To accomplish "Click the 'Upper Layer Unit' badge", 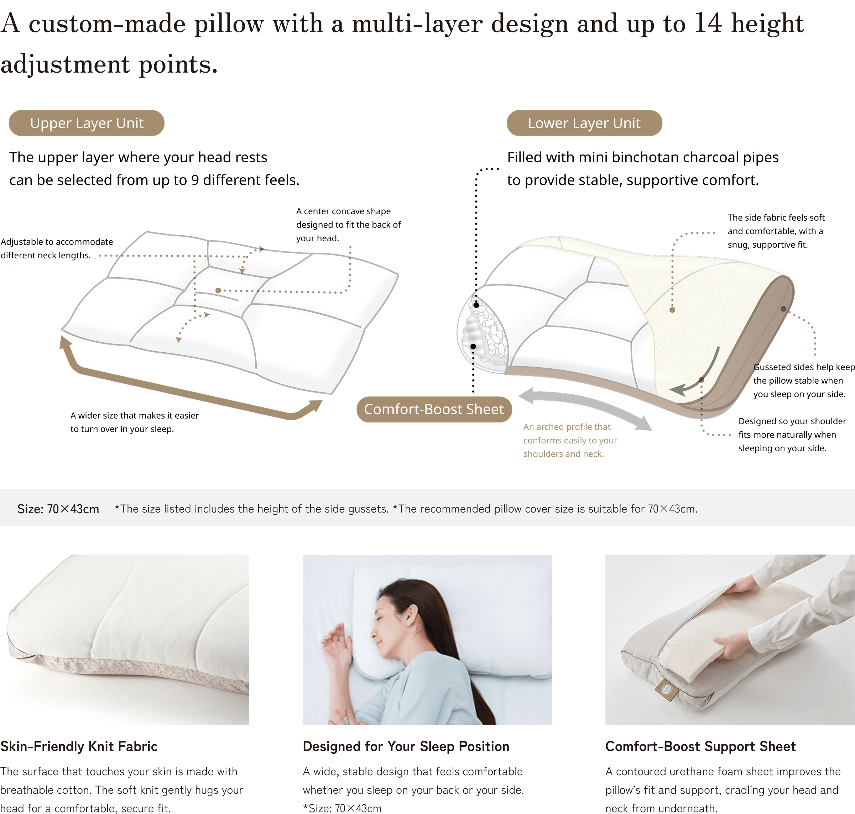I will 87,123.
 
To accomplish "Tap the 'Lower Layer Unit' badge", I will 584,123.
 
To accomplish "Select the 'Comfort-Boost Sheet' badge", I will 434,409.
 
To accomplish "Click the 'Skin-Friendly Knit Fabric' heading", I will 79,746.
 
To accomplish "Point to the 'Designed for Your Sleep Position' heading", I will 406,746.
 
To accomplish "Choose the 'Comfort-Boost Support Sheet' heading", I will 700,746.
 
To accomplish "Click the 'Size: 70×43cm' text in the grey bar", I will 58,509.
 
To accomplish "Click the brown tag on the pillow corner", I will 664,689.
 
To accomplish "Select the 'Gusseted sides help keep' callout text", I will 803,367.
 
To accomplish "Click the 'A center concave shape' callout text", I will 343,211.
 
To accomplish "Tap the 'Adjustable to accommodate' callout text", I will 57,242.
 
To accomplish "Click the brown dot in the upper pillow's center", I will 218,290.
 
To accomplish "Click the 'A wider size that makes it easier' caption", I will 135,416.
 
